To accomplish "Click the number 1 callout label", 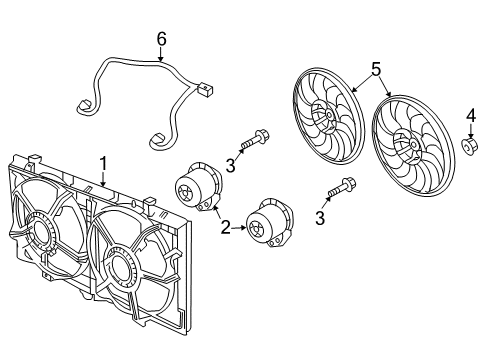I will [x=101, y=161].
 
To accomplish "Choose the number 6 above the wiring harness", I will [x=159, y=39].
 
